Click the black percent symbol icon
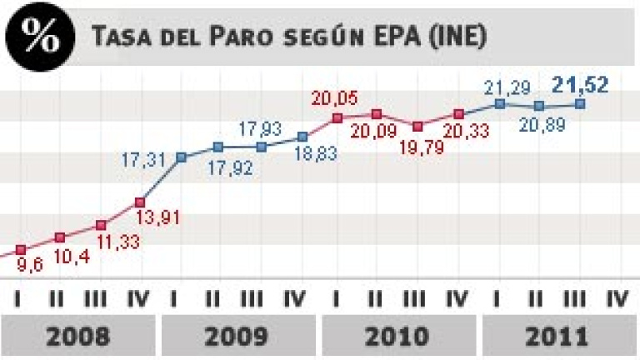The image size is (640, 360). (35, 35)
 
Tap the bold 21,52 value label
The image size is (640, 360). (580, 83)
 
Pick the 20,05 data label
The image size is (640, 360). (335, 99)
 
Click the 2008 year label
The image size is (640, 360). (78, 337)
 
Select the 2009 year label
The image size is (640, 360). (238, 337)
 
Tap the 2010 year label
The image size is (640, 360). (398, 337)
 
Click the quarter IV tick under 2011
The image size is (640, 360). (619, 298)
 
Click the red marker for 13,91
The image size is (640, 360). (140, 202)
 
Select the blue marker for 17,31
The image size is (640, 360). (180, 157)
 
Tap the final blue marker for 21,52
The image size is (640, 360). (580, 104)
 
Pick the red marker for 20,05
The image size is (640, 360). (337, 118)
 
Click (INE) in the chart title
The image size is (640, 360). (458, 37)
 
